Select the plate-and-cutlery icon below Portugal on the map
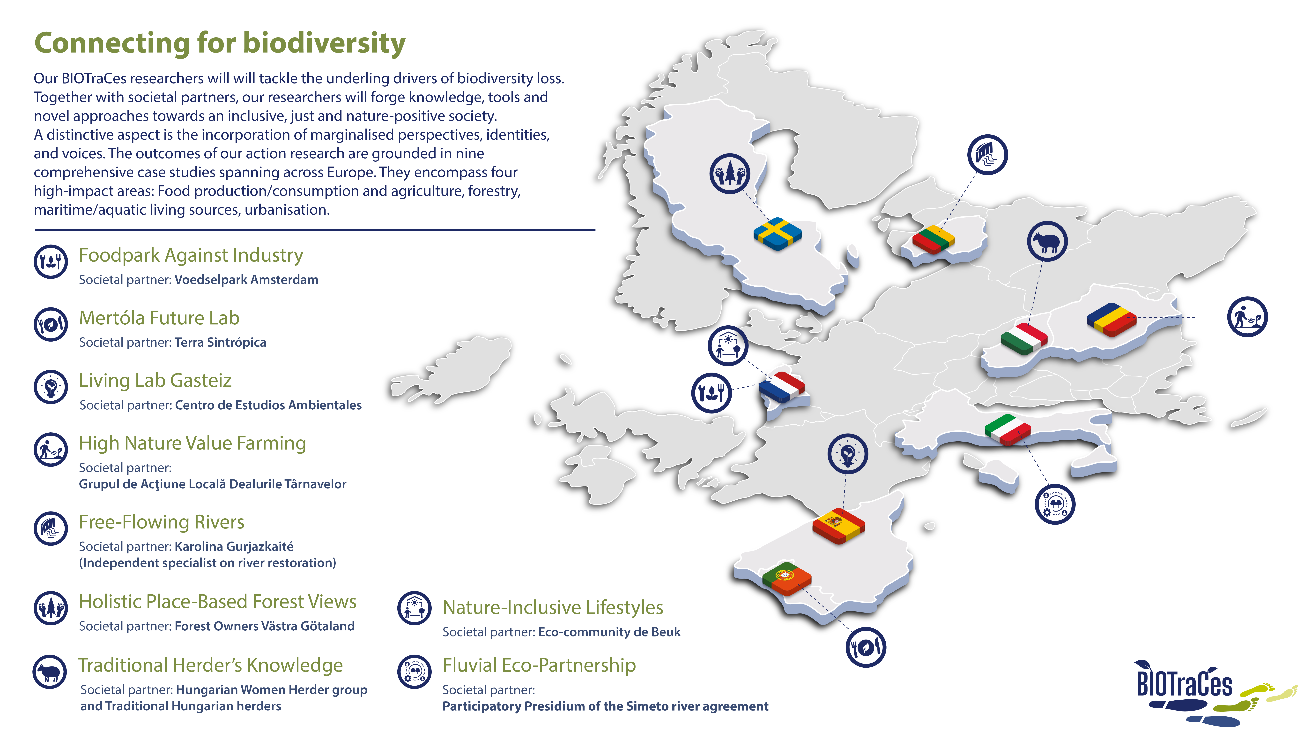[x=866, y=647]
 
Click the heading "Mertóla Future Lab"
[x=159, y=318]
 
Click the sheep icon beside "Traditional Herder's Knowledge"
[x=50, y=672]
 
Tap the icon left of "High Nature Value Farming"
[x=51, y=449]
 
